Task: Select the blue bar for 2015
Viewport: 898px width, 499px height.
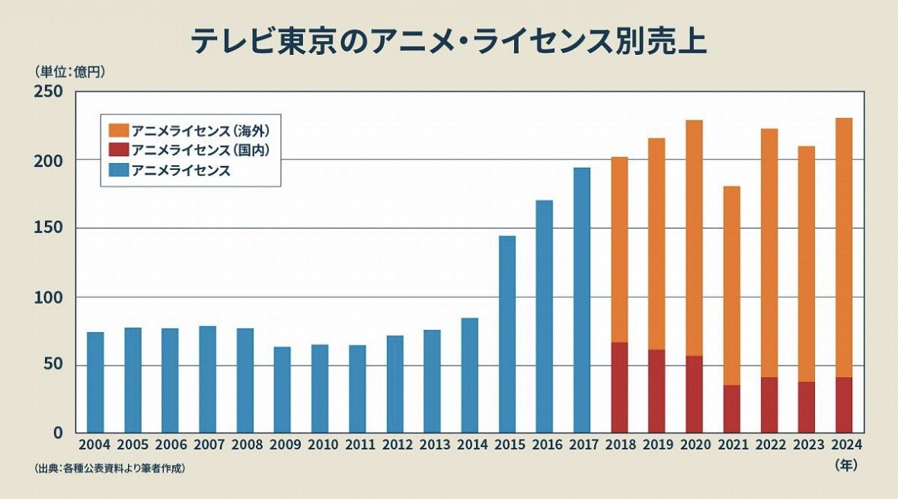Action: pos(507,334)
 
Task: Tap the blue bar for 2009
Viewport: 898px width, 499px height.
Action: pos(283,390)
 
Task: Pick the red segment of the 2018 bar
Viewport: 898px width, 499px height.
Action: pos(619,388)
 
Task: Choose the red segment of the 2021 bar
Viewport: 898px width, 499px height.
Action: pos(731,409)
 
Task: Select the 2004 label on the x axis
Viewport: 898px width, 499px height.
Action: pos(95,445)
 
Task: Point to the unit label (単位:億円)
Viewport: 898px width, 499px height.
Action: pos(69,72)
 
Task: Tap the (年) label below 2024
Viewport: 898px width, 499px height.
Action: pos(844,463)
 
